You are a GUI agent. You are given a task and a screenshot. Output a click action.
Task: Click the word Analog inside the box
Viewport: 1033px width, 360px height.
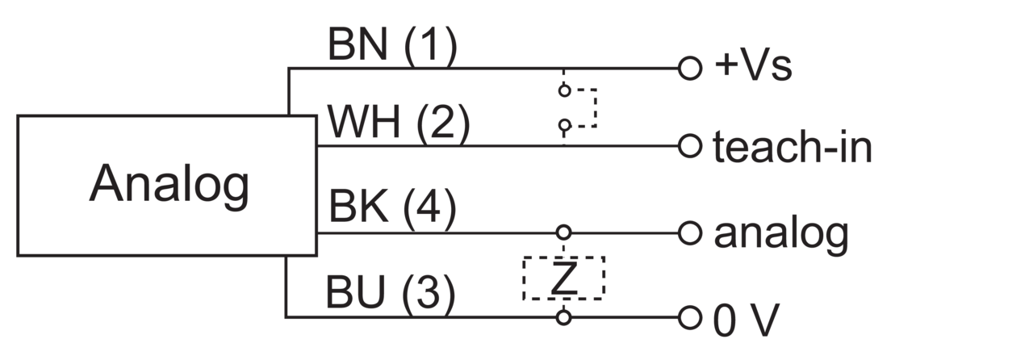pyautogui.click(x=169, y=185)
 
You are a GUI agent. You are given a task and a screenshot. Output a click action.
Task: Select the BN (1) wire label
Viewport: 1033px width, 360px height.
pyautogui.click(x=392, y=44)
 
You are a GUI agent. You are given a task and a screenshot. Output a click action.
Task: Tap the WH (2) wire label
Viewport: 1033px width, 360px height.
pyautogui.click(x=399, y=122)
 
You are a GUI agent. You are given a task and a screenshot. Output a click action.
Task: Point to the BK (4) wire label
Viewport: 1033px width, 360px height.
pyautogui.click(x=392, y=207)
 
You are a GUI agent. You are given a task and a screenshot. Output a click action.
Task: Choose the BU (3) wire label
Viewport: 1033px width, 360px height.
pyautogui.click(x=391, y=291)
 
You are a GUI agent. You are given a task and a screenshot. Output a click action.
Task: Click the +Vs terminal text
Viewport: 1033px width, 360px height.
pyautogui.click(x=754, y=66)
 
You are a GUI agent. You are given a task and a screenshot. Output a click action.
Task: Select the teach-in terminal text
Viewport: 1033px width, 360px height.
pyautogui.click(x=793, y=146)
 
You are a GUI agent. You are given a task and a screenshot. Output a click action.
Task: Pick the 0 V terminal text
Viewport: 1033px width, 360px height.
pyautogui.click(x=747, y=320)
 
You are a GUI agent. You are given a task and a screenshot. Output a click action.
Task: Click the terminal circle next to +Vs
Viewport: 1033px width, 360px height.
pyautogui.click(x=690, y=69)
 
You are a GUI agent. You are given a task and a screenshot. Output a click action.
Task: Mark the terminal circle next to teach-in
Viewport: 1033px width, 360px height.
pyautogui.click(x=690, y=146)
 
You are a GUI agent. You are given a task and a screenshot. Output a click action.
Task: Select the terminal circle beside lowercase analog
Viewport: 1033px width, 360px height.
pyautogui.click(x=690, y=233)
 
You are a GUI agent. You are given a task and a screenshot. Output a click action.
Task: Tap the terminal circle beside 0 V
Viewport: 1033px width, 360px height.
pyautogui.click(x=690, y=317)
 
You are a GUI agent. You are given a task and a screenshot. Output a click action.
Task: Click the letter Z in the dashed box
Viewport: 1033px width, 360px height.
pyautogui.click(x=564, y=278)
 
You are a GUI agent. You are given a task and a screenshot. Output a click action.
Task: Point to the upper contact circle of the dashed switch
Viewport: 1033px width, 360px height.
pyautogui.click(x=564, y=90)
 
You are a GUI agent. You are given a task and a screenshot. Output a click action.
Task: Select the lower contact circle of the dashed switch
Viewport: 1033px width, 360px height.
pyautogui.click(x=564, y=124)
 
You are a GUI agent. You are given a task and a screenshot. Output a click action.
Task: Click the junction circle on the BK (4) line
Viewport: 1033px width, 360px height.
pyautogui.click(x=563, y=232)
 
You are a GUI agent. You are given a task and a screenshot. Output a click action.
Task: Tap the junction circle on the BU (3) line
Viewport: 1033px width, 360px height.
pyautogui.click(x=563, y=317)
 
